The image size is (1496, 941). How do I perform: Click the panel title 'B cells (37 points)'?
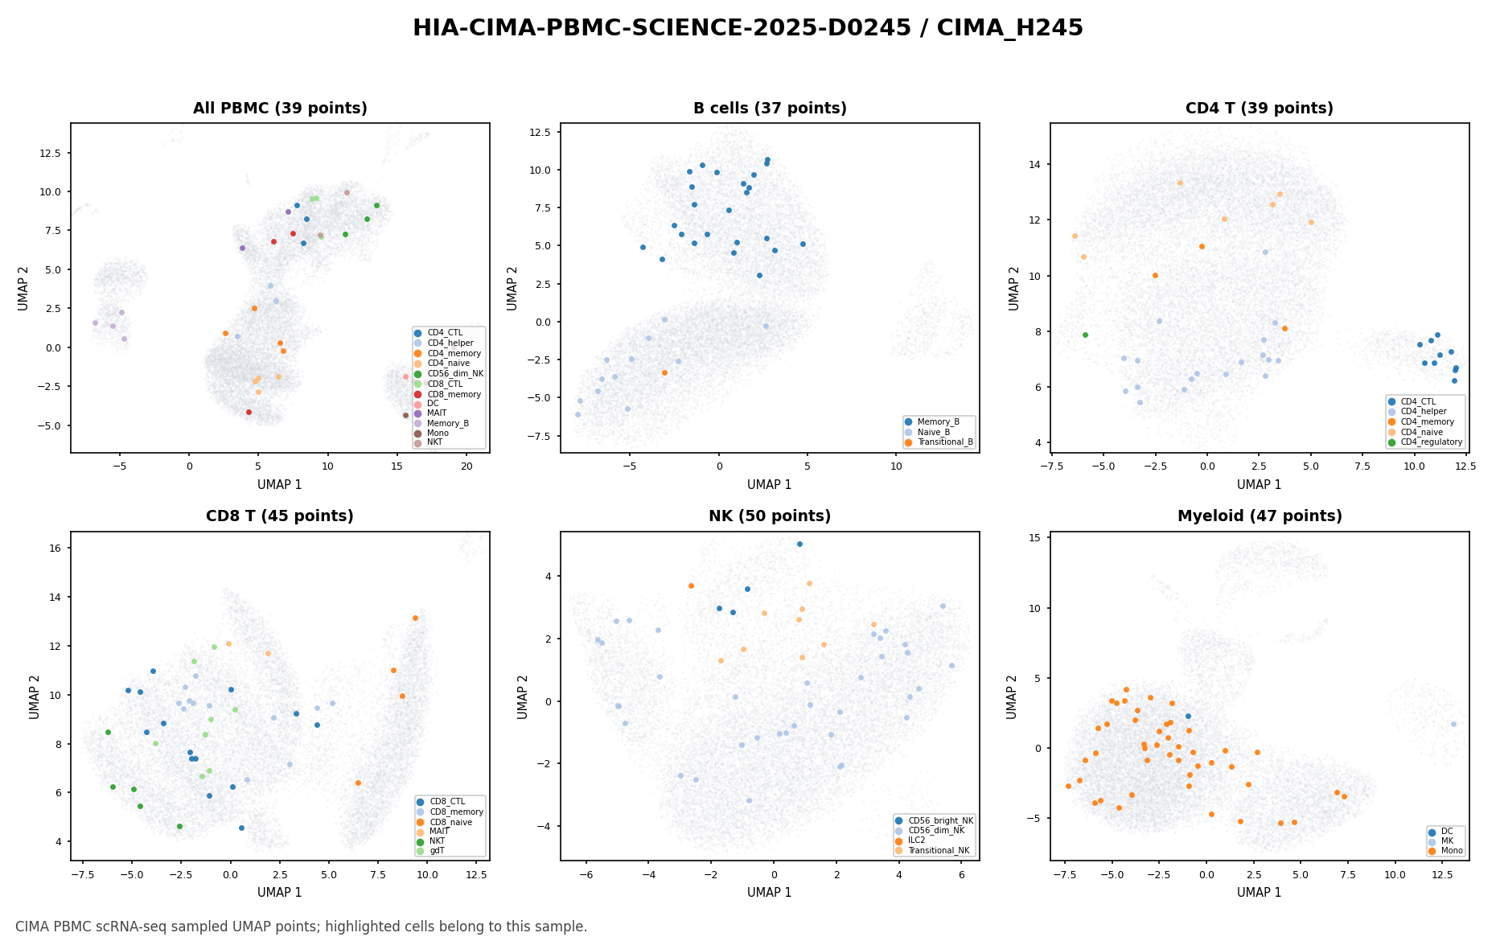[x=770, y=109]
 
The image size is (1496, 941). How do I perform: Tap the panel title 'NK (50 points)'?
[x=770, y=516]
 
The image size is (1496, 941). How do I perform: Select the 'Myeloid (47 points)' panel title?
[x=1260, y=516]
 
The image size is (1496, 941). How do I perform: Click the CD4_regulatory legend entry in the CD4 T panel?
[x=1424, y=442]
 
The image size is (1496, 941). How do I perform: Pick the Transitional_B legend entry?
[x=940, y=442]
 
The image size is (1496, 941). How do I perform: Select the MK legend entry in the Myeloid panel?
[x=1441, y=840]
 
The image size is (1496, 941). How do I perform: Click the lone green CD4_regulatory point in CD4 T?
[x=1085, y=335]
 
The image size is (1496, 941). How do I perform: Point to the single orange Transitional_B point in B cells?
[x=664, y=372]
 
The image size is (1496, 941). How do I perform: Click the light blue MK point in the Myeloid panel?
[x=1453, y=724]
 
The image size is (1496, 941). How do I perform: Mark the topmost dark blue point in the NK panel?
[x=799, y=544]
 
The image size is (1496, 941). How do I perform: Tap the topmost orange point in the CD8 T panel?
[x=415, y=618]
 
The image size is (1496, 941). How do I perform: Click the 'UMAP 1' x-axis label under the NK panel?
[x=770, y=892]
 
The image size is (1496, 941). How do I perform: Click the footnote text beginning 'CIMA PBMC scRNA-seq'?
[x=302, y=927]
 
